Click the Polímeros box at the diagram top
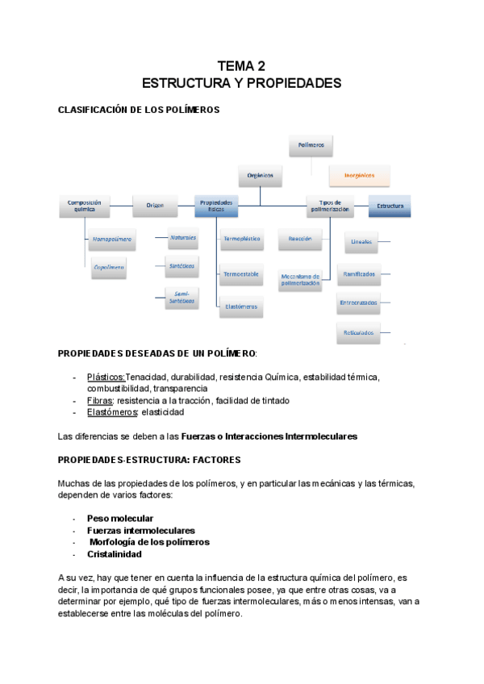[311, 145]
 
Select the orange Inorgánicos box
[359, 174]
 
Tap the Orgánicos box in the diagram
[260, 174]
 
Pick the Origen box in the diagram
[155, 206]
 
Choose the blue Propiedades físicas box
[216, 206]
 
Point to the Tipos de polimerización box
[329, 206]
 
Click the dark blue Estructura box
[390, 206]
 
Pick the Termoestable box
[240, 274]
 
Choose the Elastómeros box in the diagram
[240, 306]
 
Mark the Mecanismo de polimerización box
[301, 280]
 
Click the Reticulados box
[357, 332]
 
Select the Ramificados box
[358, 274]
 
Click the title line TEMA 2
[241, 66]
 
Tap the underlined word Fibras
[99, 400]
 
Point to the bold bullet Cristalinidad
[115, 554]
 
